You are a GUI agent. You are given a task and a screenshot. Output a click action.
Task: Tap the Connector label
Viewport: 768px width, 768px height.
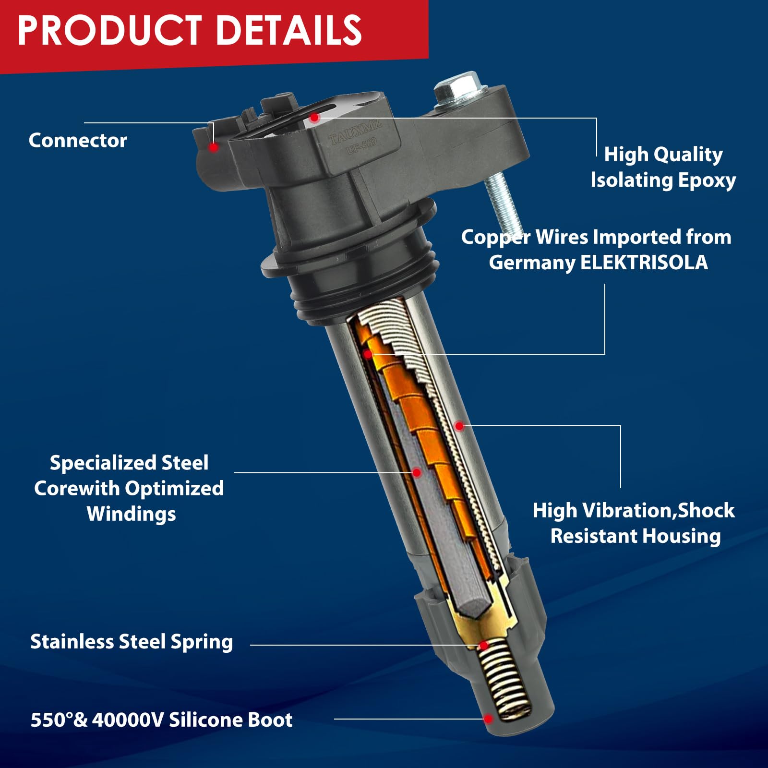pyautogui.click(x=78, y=140)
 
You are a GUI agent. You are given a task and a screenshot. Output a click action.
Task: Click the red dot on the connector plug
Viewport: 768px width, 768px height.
pyautogui.click(x=214, y=147)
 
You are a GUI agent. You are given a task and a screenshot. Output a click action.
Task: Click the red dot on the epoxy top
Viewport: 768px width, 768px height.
pyautogui.click(x=314, y=118)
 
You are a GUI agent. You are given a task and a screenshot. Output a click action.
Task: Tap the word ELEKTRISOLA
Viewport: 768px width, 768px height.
pyautogui.click(x=644, y=263)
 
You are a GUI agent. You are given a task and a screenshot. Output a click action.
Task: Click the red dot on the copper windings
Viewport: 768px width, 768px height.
pyautogui.click(x=368, y=354)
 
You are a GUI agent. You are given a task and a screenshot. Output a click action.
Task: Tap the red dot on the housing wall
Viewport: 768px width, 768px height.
pyautogui.click(x=459, y=426)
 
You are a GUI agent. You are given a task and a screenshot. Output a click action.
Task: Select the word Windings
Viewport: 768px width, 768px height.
pyautogui.click(x=131, y=514)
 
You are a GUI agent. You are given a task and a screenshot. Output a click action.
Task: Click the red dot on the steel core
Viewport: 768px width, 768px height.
pyautogui.click(x=417, y=473)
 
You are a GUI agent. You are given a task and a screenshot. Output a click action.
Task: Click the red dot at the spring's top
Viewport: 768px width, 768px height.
pyautogui.click(x=484, y=645)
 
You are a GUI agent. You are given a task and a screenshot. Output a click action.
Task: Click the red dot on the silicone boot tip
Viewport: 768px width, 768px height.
pyautogui.click(x=488, y=719)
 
